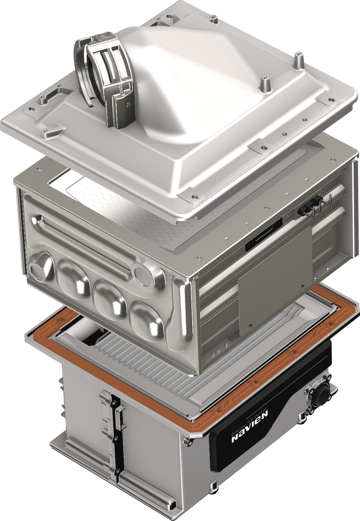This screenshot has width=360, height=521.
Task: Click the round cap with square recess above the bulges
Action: [x=147, y=273]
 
